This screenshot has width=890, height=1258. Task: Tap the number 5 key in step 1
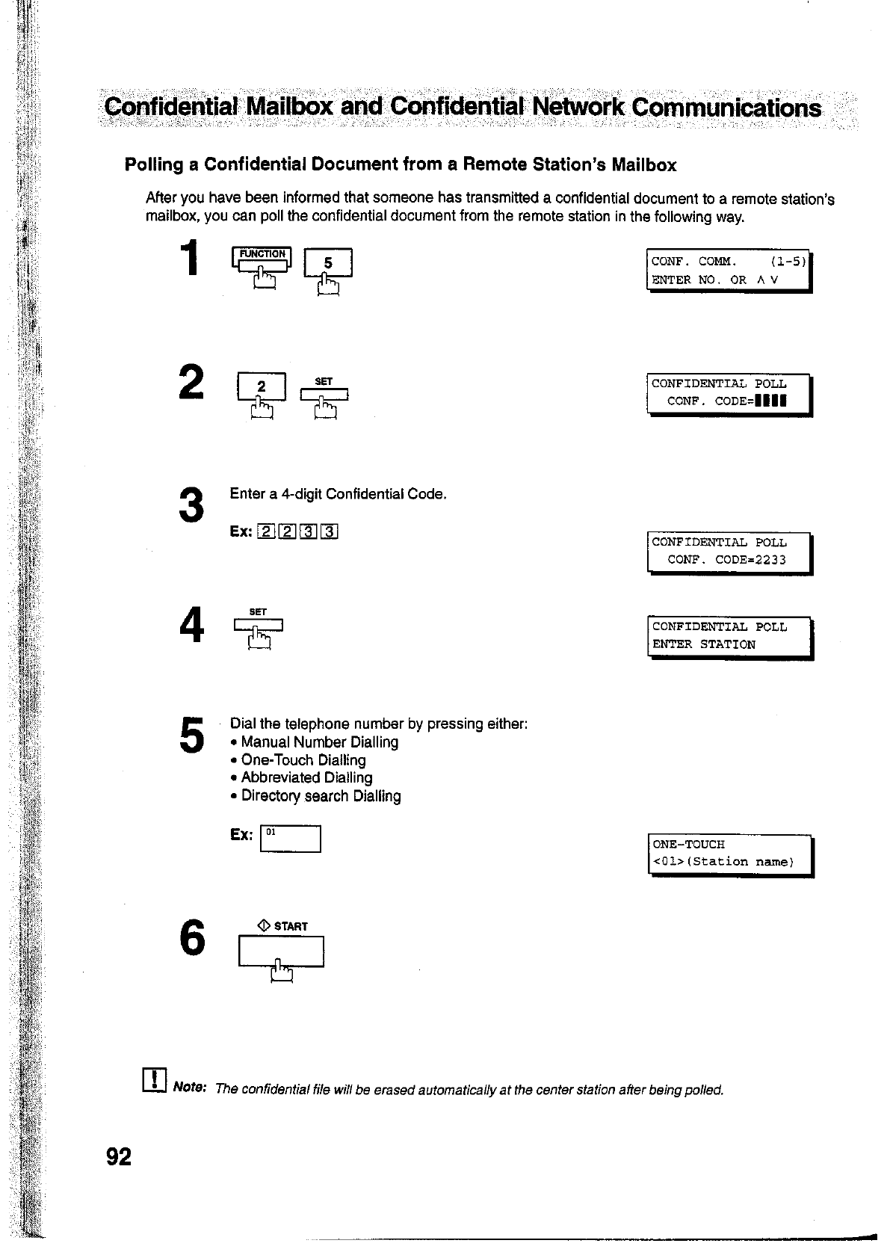tap(327, 264)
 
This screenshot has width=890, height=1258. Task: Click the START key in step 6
tap(281, 952)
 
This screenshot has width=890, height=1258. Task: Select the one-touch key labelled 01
tap(289, 839)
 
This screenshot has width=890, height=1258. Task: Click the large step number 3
tap(192, 505)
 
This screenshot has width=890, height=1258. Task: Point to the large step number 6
tap(192, 937)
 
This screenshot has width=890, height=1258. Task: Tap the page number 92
tap(119, 1157)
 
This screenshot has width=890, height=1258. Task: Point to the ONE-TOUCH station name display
tap(729, 854)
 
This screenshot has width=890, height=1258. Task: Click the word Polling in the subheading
tap(153, 164)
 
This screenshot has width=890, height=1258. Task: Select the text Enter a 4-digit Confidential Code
tap(338, 494)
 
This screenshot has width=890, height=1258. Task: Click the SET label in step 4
tap(258, 611)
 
